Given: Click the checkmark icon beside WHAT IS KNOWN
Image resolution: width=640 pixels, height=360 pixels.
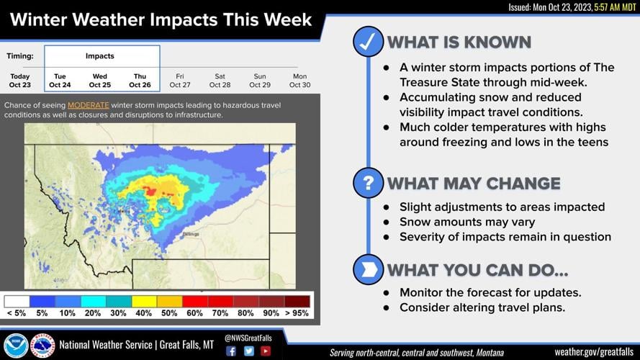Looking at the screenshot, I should (368, 42).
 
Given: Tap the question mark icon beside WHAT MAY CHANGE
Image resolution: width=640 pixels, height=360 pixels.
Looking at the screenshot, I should (368, 183).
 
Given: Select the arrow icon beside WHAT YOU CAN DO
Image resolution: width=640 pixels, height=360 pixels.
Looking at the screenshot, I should (368, 269).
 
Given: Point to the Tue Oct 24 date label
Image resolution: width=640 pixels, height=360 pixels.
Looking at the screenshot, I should (59, 80).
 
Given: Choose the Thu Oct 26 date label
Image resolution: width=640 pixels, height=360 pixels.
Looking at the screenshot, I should (140, 80).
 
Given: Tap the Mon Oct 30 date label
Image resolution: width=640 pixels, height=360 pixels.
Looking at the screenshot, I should (299, 80).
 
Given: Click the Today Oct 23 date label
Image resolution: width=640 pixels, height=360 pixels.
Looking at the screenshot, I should (20, 80).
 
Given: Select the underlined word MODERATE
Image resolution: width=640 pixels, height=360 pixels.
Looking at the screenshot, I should (89, 105).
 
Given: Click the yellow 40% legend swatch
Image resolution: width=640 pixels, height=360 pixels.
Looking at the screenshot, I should (144, 301).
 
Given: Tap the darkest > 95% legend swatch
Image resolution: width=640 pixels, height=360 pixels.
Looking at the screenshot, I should (297, 301).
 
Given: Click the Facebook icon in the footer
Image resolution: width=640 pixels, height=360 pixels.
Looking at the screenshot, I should (231, 351).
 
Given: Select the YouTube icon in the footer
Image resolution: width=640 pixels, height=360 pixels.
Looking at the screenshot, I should (266, 351).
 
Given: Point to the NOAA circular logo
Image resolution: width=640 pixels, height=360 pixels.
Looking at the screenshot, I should (16, 346).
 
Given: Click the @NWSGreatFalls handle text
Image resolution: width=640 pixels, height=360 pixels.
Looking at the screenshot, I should (248, 337).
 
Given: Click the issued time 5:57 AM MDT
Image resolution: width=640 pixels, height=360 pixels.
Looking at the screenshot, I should (610, 6).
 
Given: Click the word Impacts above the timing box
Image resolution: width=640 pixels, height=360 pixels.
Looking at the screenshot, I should (99, 55).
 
